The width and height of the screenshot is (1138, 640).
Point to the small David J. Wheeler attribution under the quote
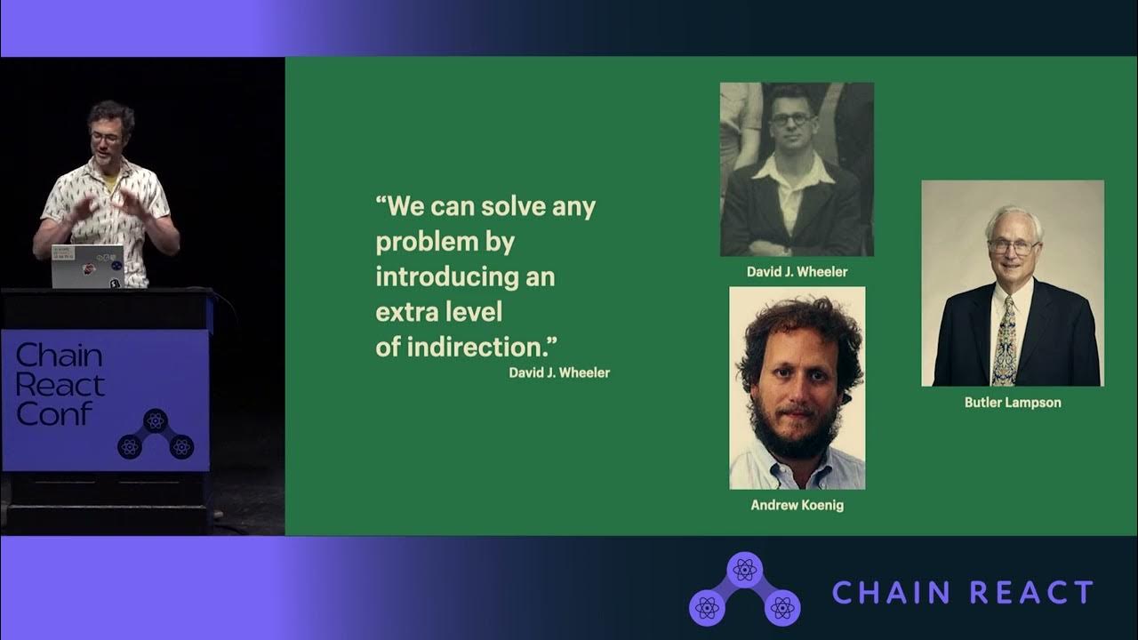[x=559, y=372]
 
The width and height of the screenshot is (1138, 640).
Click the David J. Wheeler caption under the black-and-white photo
[x=797, y=272]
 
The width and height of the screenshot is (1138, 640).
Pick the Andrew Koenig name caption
[x=797, y=505]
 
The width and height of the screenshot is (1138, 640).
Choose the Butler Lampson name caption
[x=1013, y=402]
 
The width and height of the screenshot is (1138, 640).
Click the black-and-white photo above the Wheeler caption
[x=797, y=170]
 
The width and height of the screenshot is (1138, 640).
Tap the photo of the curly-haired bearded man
[x=797, y=388]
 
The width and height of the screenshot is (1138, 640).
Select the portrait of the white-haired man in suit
[x=1013, y=284]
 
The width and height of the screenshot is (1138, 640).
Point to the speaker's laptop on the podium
[x=87, y=266]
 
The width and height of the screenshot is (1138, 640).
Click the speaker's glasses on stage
[x=107, y=138]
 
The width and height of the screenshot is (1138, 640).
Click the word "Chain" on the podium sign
[x=59, y=356]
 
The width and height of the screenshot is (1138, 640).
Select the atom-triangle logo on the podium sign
[x=156, y=434]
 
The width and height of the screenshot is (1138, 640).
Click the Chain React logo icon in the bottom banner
[x=744, y=590]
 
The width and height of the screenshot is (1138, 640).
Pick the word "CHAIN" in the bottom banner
[x=893, y=593]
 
